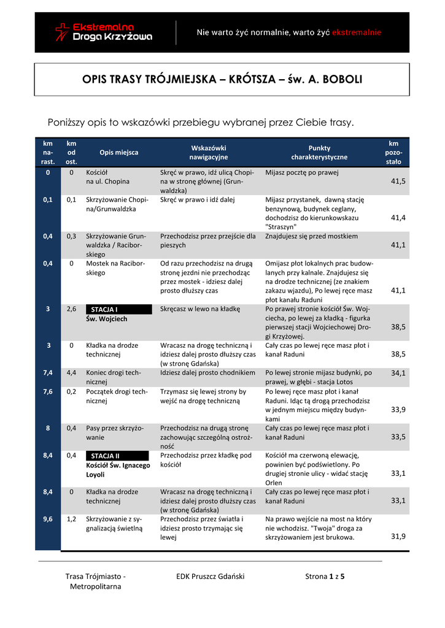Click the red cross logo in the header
point(62,32)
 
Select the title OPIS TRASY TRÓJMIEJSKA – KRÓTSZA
point(222,80)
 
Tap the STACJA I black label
point(117,309)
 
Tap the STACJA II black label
point(117,456)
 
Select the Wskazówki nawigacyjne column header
point(209,152)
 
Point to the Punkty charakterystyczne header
point(319,152)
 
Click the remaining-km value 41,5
point(398,182)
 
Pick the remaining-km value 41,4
point(398,218)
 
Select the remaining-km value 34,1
point(398,373)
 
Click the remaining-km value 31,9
point(398,537)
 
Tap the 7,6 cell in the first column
point(48,391)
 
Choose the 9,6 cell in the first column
point(48,519)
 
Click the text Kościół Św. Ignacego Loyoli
point(118,470)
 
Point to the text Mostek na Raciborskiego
point(115,268)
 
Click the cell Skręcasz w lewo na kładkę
point(200,309)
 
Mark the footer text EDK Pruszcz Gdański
point(210,576)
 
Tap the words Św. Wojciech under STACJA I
point(107,319)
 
